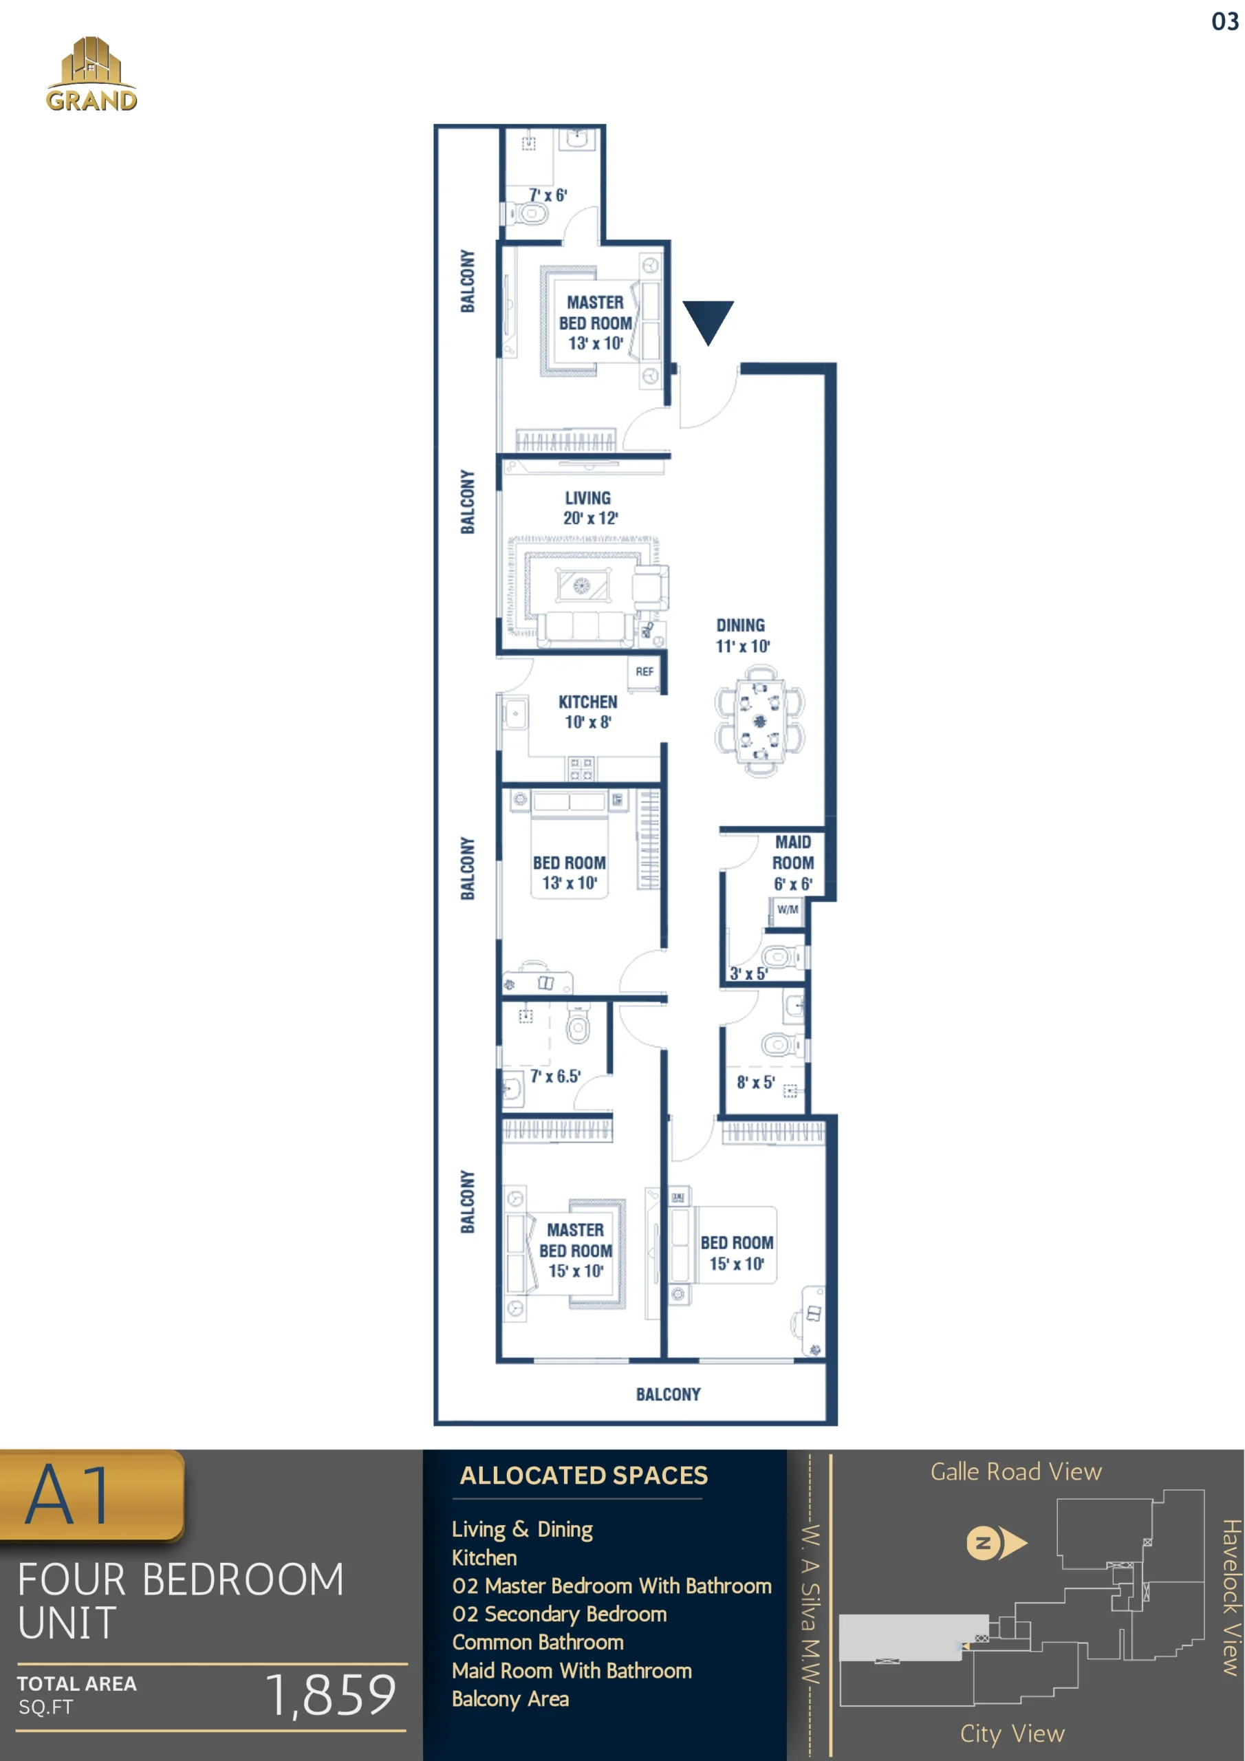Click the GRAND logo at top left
point(91,74)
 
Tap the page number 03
point(1225,21)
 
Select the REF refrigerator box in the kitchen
point(645,672)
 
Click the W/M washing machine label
point(787,909)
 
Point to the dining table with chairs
point(759,722)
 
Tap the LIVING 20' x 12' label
point(588,508)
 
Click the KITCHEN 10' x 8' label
point(587,712)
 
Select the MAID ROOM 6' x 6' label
point(792,863)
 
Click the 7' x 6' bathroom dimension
point(548,195)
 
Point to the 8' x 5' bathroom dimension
point(755,1082)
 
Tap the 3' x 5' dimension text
point(748,973)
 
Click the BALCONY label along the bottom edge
point(668,1394)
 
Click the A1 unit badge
point(91,1495)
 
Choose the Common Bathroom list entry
point(538,1641)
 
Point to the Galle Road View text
point(1016,1471)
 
